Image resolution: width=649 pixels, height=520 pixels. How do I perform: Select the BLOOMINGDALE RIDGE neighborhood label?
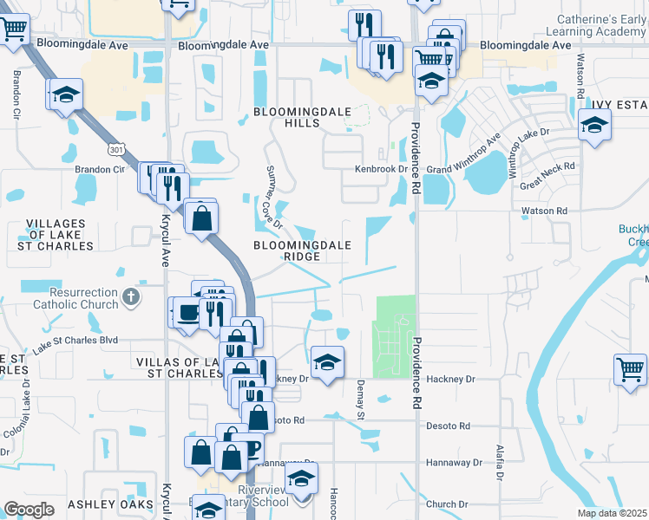pos(302,250)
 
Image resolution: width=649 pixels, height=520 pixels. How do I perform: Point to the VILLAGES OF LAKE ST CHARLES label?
pos(57,235)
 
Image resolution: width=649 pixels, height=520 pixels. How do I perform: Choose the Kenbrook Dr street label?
pos(380,170)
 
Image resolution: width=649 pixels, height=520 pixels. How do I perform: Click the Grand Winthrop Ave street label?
pos(464,154)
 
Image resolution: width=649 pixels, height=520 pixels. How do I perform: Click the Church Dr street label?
pos(447,504)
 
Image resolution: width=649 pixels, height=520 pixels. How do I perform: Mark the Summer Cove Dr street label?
pos(273,196)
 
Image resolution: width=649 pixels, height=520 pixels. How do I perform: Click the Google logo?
pos(29,510)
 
